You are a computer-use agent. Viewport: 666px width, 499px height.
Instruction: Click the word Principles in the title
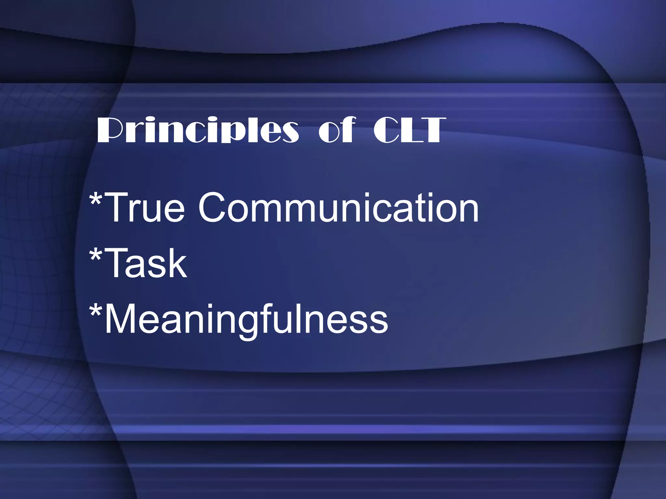pyautogui.click(x=197, y=131)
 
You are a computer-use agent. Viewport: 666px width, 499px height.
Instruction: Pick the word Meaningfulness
pyautogui.click(x=246, y=320)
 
